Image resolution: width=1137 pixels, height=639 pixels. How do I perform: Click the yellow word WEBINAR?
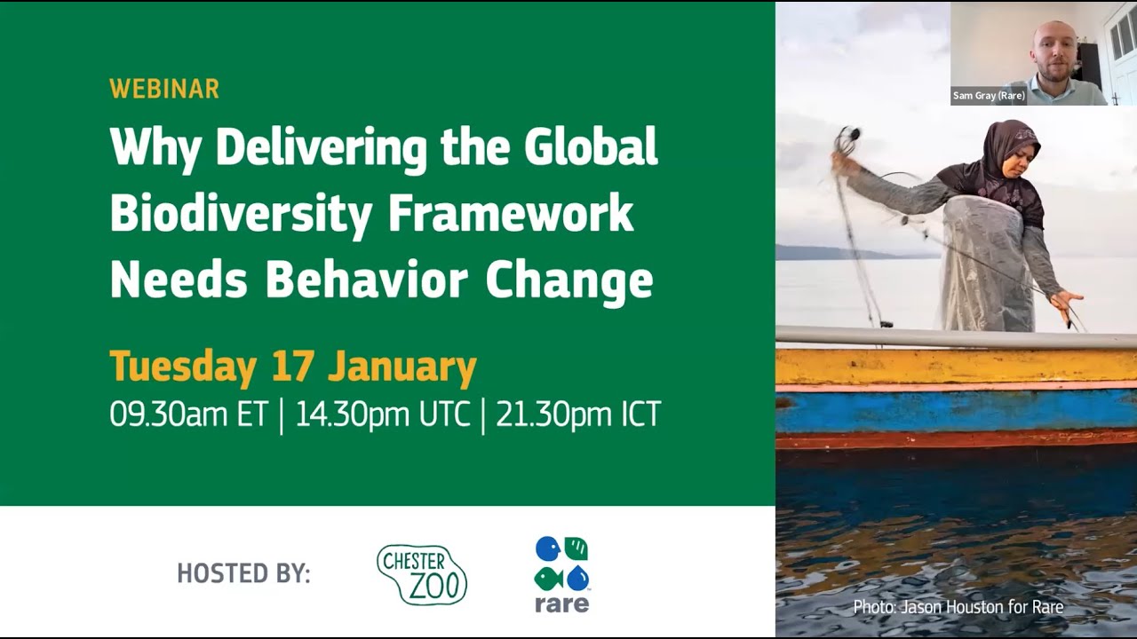(164, 89)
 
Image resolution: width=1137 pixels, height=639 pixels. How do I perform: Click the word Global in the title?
(591, 147)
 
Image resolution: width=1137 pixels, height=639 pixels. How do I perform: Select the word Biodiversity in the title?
(235, 214)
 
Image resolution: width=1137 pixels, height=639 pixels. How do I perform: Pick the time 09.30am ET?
(188, 414)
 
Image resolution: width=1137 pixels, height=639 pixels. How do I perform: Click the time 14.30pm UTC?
(382, 414)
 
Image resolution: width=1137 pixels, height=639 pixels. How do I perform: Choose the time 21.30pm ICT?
(578, 414)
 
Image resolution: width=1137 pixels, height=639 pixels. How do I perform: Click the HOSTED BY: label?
(243, 573)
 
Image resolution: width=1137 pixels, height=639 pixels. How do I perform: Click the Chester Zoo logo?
(422, 575)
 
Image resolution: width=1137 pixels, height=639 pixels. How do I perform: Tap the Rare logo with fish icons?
(561, 574)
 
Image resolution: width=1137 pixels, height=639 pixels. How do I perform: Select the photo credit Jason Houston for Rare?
(958, 607)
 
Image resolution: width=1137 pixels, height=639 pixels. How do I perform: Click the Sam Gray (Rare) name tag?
(989, 96)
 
